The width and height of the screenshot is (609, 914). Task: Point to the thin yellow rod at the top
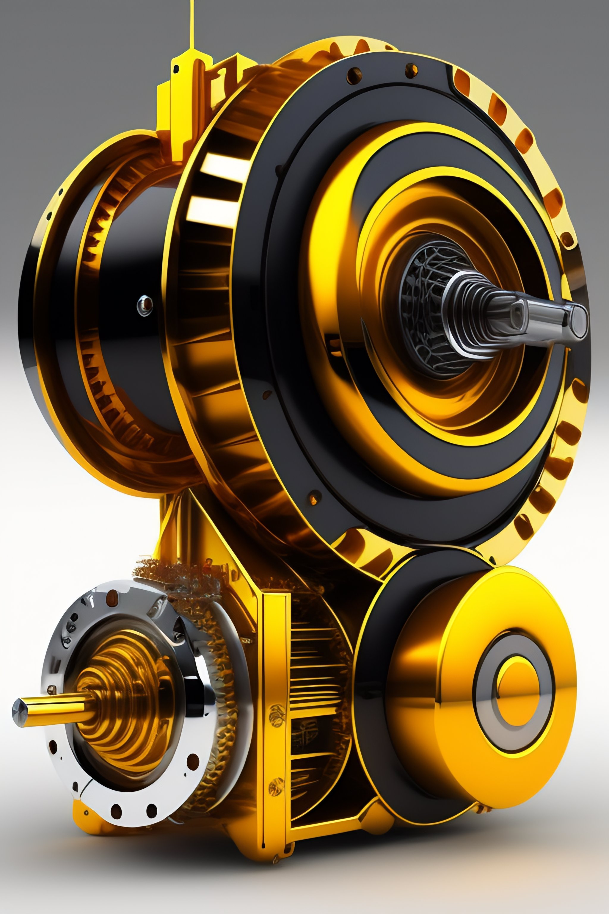[x=191, y=23]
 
